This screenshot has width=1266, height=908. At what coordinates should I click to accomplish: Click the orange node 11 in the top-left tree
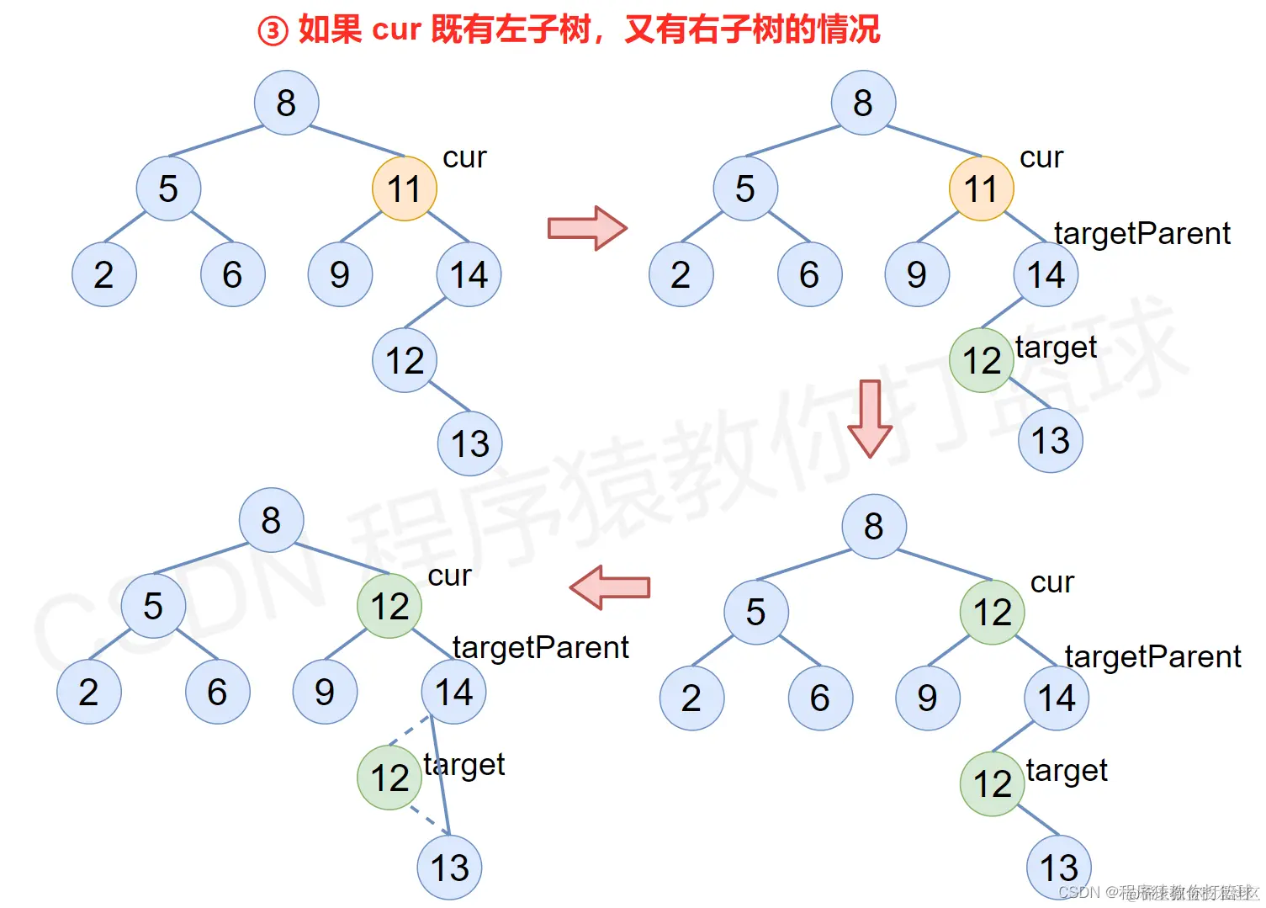[x=404, y=189]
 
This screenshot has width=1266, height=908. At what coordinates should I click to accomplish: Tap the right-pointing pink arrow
[x=587, y=228]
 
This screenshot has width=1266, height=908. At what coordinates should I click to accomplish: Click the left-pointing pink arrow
[x=610, y=587]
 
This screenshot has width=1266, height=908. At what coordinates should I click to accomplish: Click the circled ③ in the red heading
[x=273, y=31]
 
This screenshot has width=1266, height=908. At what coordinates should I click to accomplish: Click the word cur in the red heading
[x=395, y=29]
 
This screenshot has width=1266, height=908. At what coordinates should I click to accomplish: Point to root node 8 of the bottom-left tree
[x=271, y=520]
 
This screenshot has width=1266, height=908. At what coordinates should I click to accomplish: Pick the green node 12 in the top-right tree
[x=981, y=360]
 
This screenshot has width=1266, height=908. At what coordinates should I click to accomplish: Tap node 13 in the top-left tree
[x=469, y=443]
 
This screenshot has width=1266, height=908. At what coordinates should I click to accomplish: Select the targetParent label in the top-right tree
[x=1142, y=233]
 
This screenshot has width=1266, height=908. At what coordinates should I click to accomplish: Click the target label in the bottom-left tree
[x=463, y=764]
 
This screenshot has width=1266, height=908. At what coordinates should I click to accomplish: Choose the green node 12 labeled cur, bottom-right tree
[x=992, y=613]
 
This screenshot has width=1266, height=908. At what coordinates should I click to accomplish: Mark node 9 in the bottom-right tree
[x=927, y=698]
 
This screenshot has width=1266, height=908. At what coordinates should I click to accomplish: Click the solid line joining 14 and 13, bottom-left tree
[x=440, y=776]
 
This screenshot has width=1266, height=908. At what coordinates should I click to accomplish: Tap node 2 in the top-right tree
[x=681, y=274]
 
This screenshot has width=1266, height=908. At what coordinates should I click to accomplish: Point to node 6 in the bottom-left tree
[x=217, y=692]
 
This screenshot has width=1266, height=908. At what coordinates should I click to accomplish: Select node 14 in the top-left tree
[x=469, y=274]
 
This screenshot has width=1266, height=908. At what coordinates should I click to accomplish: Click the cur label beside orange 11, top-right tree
[x=1041, y=157]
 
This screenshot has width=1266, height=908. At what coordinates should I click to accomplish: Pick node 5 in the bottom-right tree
[x=755, y=612]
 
